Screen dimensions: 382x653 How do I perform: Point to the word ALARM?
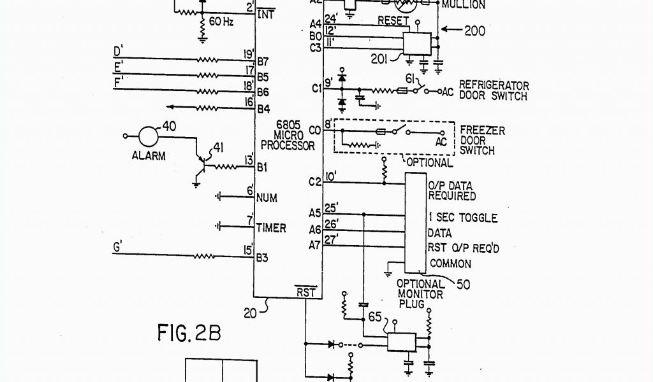(149, 155)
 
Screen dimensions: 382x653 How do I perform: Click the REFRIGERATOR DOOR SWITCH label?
(494, 91)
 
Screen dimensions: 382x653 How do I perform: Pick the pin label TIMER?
(271, 227)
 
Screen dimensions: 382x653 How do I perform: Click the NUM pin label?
(266, 198)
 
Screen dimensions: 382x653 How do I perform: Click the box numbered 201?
(417, 43)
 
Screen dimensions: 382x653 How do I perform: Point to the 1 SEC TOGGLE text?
(462, 218)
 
